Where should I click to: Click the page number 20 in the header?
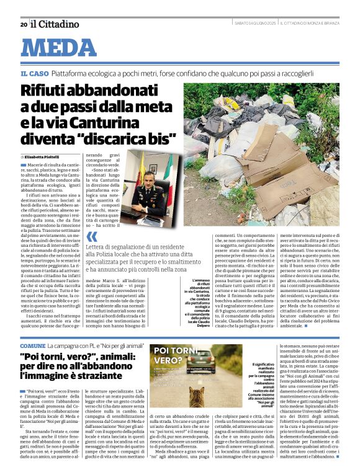point(23,25)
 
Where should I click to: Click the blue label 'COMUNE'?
point(32,345)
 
